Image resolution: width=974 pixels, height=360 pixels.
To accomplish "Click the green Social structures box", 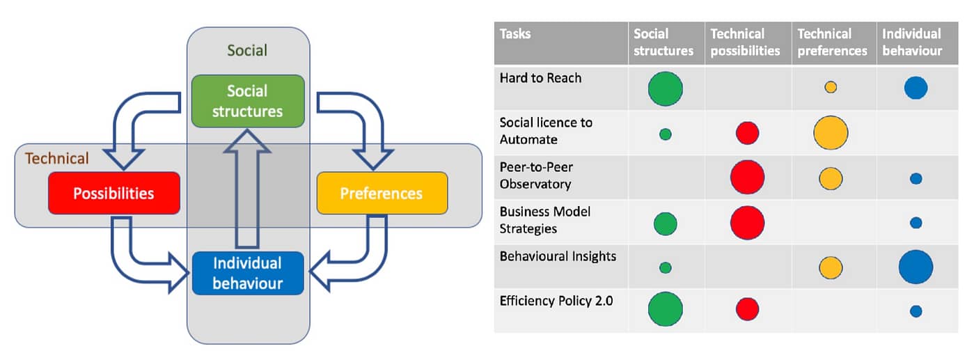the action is (248, 101).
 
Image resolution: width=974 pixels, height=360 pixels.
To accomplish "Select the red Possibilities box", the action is (114, 193).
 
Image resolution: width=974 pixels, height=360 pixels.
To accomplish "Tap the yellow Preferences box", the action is (382, 193).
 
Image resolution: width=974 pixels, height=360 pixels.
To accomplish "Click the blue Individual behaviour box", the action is (248, 273).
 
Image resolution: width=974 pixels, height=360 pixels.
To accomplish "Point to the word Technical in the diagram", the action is (56, 158).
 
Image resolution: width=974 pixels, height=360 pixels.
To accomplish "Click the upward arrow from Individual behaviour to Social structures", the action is (247, 189).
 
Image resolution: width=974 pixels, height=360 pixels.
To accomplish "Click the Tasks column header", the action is (515, 34).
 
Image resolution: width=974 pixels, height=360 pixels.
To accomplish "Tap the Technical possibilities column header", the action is (745, 42).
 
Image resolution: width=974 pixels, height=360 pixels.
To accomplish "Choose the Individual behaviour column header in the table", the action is (912, 42).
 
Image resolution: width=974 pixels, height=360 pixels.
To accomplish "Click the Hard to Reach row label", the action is (540, 78).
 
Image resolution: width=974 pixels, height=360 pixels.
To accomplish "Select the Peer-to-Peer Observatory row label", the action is (536, 175).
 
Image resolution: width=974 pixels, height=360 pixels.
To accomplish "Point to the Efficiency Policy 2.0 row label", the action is (556, 301).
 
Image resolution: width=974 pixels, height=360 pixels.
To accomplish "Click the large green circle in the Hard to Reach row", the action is (666, 88).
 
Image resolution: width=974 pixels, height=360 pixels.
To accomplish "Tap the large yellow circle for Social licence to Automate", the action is (831, 132).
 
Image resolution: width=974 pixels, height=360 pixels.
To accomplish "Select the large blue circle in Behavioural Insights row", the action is (916, 267).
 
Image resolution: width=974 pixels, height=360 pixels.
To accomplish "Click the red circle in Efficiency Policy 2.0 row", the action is (748, 309).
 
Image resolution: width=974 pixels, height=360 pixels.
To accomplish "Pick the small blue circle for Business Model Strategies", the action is (916, 223).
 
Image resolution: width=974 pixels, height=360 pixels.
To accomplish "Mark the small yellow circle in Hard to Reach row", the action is (831, 87).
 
